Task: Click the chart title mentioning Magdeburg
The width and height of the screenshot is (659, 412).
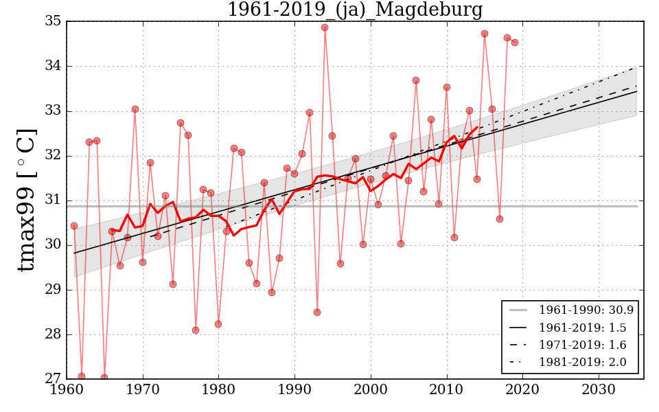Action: (354, 10)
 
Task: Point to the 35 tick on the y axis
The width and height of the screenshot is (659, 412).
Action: (53, 22)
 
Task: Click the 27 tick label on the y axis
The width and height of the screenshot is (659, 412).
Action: (53, 379)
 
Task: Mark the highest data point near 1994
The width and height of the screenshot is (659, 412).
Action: (325, 27)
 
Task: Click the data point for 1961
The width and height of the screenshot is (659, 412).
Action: (74, 226)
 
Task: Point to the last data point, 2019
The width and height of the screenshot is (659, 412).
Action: (515, 43)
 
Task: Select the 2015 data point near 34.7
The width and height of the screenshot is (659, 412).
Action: (485, 34)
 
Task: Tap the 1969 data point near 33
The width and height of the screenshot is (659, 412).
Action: (135, 109)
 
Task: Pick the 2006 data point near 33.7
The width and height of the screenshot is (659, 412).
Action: (416, 80)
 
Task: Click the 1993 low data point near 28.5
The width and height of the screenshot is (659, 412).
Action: (317, 312)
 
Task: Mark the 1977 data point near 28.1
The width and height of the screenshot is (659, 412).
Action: (196, 330)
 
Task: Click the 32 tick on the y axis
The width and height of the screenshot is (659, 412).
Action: (53, 156)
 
